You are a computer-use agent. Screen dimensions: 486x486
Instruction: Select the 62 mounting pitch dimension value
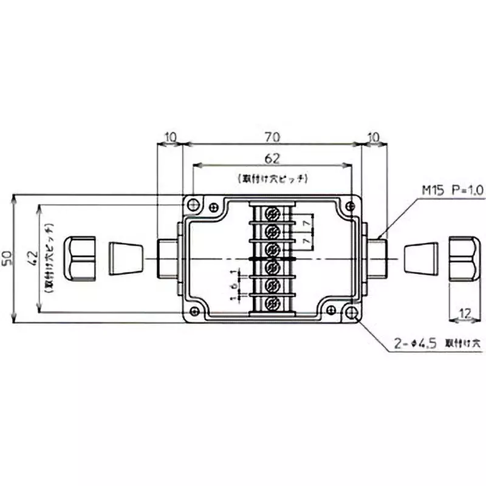point(272,160)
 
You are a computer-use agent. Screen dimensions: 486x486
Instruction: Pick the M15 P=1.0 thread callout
point(452,191)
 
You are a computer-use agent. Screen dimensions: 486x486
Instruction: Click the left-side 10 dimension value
point(170,138)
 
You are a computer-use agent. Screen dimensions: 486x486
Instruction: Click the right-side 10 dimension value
point(374,138)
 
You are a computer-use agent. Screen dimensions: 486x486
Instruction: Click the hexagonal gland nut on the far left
point(80,258)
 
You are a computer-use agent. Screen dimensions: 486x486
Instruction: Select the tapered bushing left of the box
point(126,258)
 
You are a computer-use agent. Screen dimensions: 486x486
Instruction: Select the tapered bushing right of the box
point(420,258)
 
